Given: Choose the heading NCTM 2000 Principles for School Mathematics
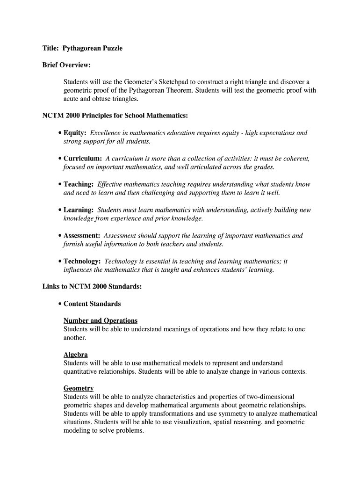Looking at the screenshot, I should pos(115,116).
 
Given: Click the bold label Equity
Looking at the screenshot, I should pos(75,133).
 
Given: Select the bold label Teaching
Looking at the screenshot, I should pos(79,184).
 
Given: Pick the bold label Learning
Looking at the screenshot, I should pos(79,210).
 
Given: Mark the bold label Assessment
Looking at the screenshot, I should pos(82,236).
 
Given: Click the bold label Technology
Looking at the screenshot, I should pos(82,261).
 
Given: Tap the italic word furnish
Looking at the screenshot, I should pos(73,244).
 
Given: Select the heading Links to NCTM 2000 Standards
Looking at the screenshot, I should pos(92,287).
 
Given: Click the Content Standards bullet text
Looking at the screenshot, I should pos(92,304).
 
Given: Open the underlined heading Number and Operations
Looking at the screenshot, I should pos(101,320).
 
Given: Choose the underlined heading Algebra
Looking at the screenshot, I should pos(76,355).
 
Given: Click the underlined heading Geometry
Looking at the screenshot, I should pos(79,388).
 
